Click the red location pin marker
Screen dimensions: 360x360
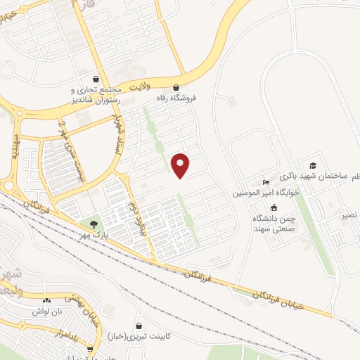click(181, 165)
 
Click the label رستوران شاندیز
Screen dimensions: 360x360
click(96, 101)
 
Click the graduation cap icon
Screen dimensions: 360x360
click(312, 165)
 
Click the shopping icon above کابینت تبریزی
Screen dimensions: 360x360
click(139, 326)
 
